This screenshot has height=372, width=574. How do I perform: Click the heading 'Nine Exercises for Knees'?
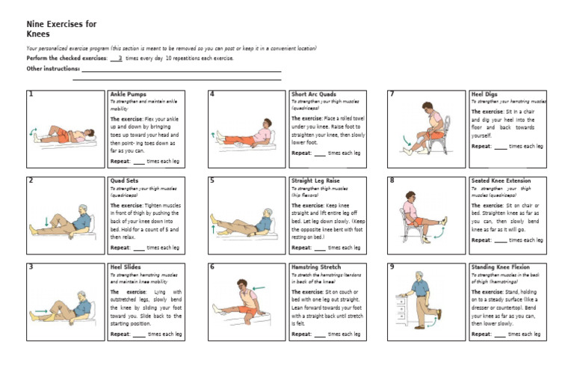(x=61, y=28)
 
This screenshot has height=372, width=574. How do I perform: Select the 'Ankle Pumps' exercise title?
(x=128, y=94)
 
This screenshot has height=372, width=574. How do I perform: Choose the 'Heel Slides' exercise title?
(x=126, y=266)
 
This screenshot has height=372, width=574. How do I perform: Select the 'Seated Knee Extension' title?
(x=502, y=180)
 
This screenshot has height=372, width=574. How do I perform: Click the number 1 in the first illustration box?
(x=31, y=95)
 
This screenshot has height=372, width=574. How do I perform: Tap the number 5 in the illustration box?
(x=212, y=181)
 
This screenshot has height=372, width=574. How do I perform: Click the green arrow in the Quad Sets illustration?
(x=46, y=222)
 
